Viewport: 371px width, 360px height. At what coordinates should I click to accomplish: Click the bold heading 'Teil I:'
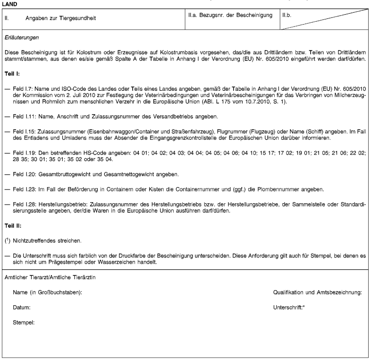[x=12, y=74]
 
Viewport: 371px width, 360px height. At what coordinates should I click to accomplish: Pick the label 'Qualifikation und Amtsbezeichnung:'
[x=318, y=293]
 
